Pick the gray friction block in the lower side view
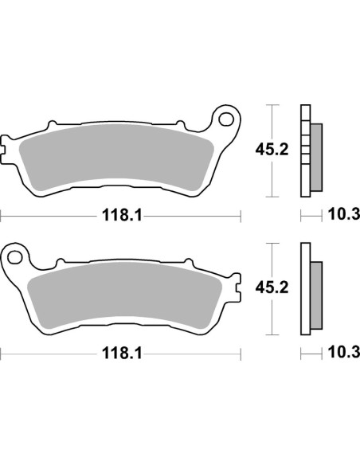coord(315,295)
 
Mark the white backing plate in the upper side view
coord(304,151)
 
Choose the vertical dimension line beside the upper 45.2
coord(273,119)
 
